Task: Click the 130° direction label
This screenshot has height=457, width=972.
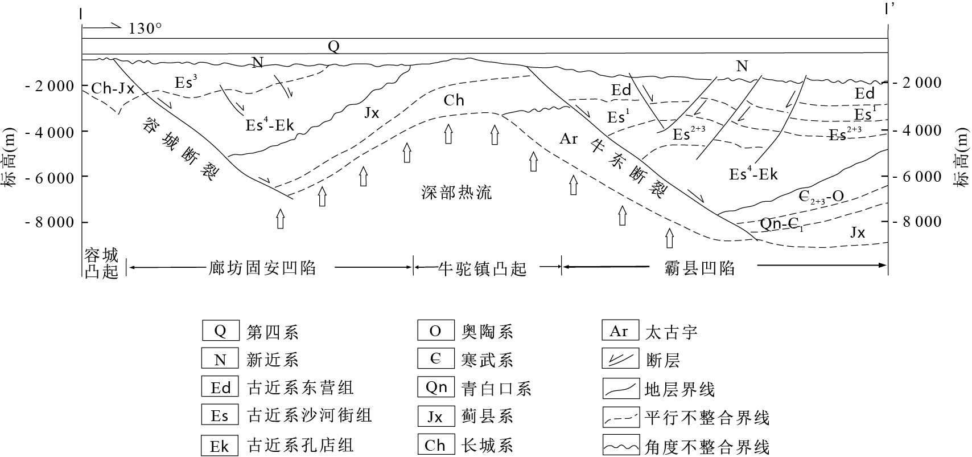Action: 145,28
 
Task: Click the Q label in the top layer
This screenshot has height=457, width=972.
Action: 333,46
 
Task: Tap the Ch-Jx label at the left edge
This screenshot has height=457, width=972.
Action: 113,88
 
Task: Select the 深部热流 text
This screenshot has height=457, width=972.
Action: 457,193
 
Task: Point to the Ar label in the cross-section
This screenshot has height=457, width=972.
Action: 569,138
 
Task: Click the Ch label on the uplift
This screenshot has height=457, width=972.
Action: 454,101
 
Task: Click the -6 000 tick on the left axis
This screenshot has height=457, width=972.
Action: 50,178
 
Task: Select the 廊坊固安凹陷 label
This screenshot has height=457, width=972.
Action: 262,268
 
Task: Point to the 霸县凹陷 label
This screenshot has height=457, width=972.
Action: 699,268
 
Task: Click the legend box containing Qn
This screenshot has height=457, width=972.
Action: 436,387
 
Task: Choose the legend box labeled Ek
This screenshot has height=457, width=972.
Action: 220,446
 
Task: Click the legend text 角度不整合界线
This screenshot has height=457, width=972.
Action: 707,447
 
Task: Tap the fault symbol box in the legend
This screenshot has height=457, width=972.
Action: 619,360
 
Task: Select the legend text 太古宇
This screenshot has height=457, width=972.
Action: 671,332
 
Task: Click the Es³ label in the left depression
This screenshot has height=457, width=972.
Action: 187,82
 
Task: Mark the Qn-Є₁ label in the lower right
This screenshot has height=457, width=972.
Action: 782,225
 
